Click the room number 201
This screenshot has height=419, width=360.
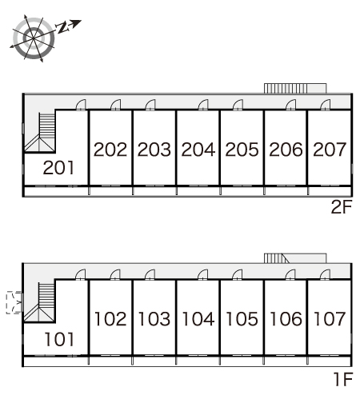[x=58, y=168]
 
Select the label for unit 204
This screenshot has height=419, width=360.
[x=198, y=149]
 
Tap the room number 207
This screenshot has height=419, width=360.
[x=330, y=149]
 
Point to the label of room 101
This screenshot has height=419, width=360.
[x=59, y=339]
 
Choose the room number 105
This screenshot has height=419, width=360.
[x=242, y=319]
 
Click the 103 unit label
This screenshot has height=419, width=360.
[x=154, y=319]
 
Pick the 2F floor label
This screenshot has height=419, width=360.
[x=342, y=206]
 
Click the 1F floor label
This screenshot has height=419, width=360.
[x=343, y=379]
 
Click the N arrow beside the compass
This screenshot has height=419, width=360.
[x=68, y=26]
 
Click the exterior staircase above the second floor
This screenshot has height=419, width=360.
[x=295, y=89]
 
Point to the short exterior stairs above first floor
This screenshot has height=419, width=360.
[x=295, y=258]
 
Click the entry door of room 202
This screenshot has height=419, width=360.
[x=116, y=105]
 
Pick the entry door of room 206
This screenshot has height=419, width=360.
[x=291, y=105]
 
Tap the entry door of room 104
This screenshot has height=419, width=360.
[x=203, y=275]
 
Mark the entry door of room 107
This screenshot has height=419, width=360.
[x=326, y=275]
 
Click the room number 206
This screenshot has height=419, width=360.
[x=286, y=149]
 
